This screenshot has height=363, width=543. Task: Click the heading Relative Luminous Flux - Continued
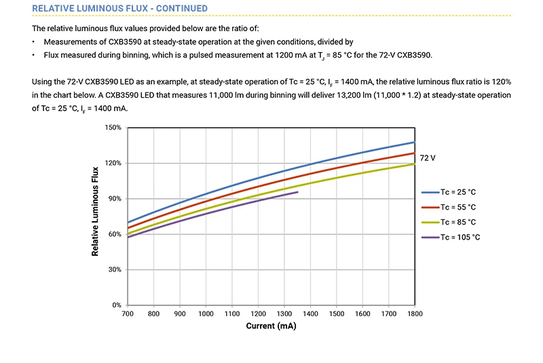click(120, 8)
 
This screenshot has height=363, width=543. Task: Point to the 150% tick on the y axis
click(113, 128)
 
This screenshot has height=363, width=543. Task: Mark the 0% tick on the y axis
click(116, 305)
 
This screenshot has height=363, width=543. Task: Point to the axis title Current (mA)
click(271, 326)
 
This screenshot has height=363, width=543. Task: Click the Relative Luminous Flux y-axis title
click(95, 211)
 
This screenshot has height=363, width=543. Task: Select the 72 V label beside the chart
click(428, 157)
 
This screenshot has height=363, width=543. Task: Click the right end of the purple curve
click(297, 192)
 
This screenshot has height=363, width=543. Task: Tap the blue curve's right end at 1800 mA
click(415, 142)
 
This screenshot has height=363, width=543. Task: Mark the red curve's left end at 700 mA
click(128, 228)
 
